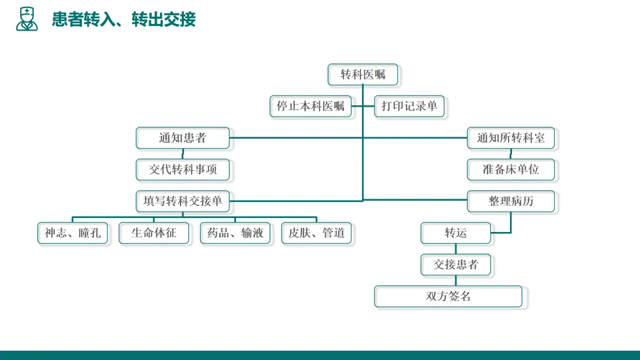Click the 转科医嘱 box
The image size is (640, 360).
point(363,74)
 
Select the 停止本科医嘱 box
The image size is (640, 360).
point(311,106)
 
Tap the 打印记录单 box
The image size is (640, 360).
point(409,106)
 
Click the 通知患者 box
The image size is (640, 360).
point(183,138)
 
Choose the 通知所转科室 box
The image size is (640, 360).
point(511,138)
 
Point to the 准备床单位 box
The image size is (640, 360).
point(511,169)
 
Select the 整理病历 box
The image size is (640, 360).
point(511,201)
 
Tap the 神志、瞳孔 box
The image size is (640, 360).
point(72,233)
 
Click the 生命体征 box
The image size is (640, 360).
point(154,233)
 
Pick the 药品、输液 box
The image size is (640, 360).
point(235,233)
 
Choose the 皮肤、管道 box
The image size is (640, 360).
point(317,233)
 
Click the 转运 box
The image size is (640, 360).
point(456,233)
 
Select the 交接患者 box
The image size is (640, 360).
point(456,264)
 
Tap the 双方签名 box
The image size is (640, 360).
point(448,296)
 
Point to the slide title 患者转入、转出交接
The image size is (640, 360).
point(124,19)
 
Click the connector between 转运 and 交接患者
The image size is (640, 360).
point(456,249)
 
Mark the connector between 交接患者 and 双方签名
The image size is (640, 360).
point(456,280)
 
